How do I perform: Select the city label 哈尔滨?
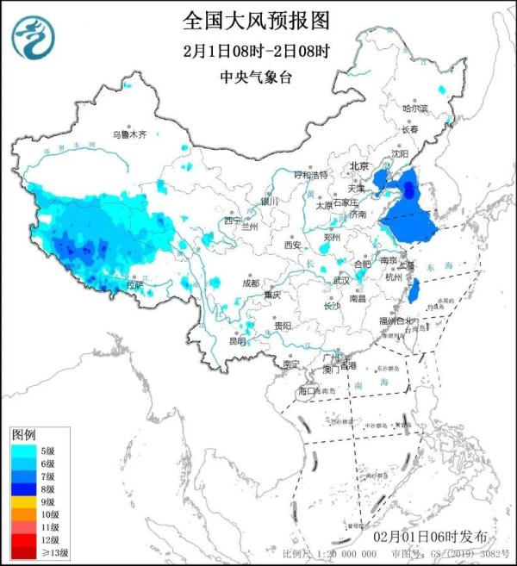(415, 109)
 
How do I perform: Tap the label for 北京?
(358, 166)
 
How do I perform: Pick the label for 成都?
(250, 283)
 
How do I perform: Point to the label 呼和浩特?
(311, 175)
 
